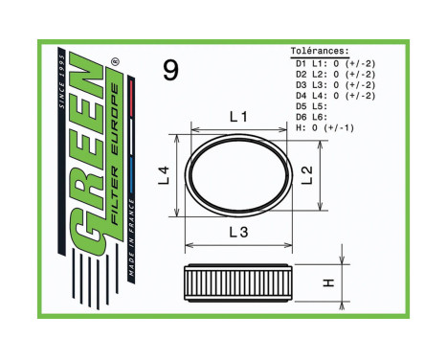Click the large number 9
170,70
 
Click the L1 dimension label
239,117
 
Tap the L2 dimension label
306,173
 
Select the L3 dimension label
239,233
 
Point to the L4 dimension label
164,174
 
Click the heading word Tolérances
319,52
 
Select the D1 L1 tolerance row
331,62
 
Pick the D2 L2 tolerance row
331,73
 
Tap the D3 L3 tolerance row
331,83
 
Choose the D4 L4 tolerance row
331,94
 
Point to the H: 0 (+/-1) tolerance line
325,125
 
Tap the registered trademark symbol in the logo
115,61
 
